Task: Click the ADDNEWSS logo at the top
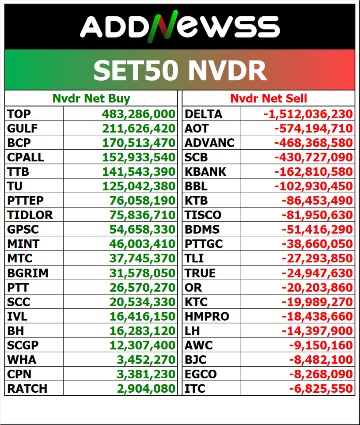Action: pos(180,27)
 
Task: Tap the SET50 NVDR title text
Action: pos(180,70)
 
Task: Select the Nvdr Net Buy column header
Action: pos(91,98)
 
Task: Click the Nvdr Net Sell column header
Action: pos(269,98)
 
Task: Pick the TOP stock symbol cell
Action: pos(19,114)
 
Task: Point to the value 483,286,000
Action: pos(139,114)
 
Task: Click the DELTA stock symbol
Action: pos(203,114)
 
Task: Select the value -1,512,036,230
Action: pos(308,114)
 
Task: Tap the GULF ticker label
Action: pos(23,129)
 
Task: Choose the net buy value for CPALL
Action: pos(139,157)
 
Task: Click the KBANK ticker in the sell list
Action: pos(205,172)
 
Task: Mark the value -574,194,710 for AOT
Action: pos(313,129)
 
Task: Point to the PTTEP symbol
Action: pos(26,201)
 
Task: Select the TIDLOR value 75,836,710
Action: pos(142,215)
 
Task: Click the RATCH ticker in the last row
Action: pos(27,389)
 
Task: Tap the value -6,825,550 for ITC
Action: pos(321,389)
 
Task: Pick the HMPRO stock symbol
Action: pos(207,316)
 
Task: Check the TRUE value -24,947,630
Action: pos(317,273)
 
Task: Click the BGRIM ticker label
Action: pos(28,273)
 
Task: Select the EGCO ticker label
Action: pos(201,374)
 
